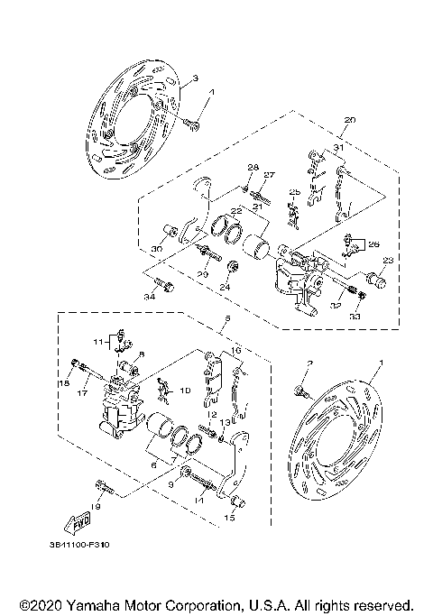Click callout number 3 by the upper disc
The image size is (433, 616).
tap(194, 80)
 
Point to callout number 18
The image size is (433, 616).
tap(64, 383)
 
